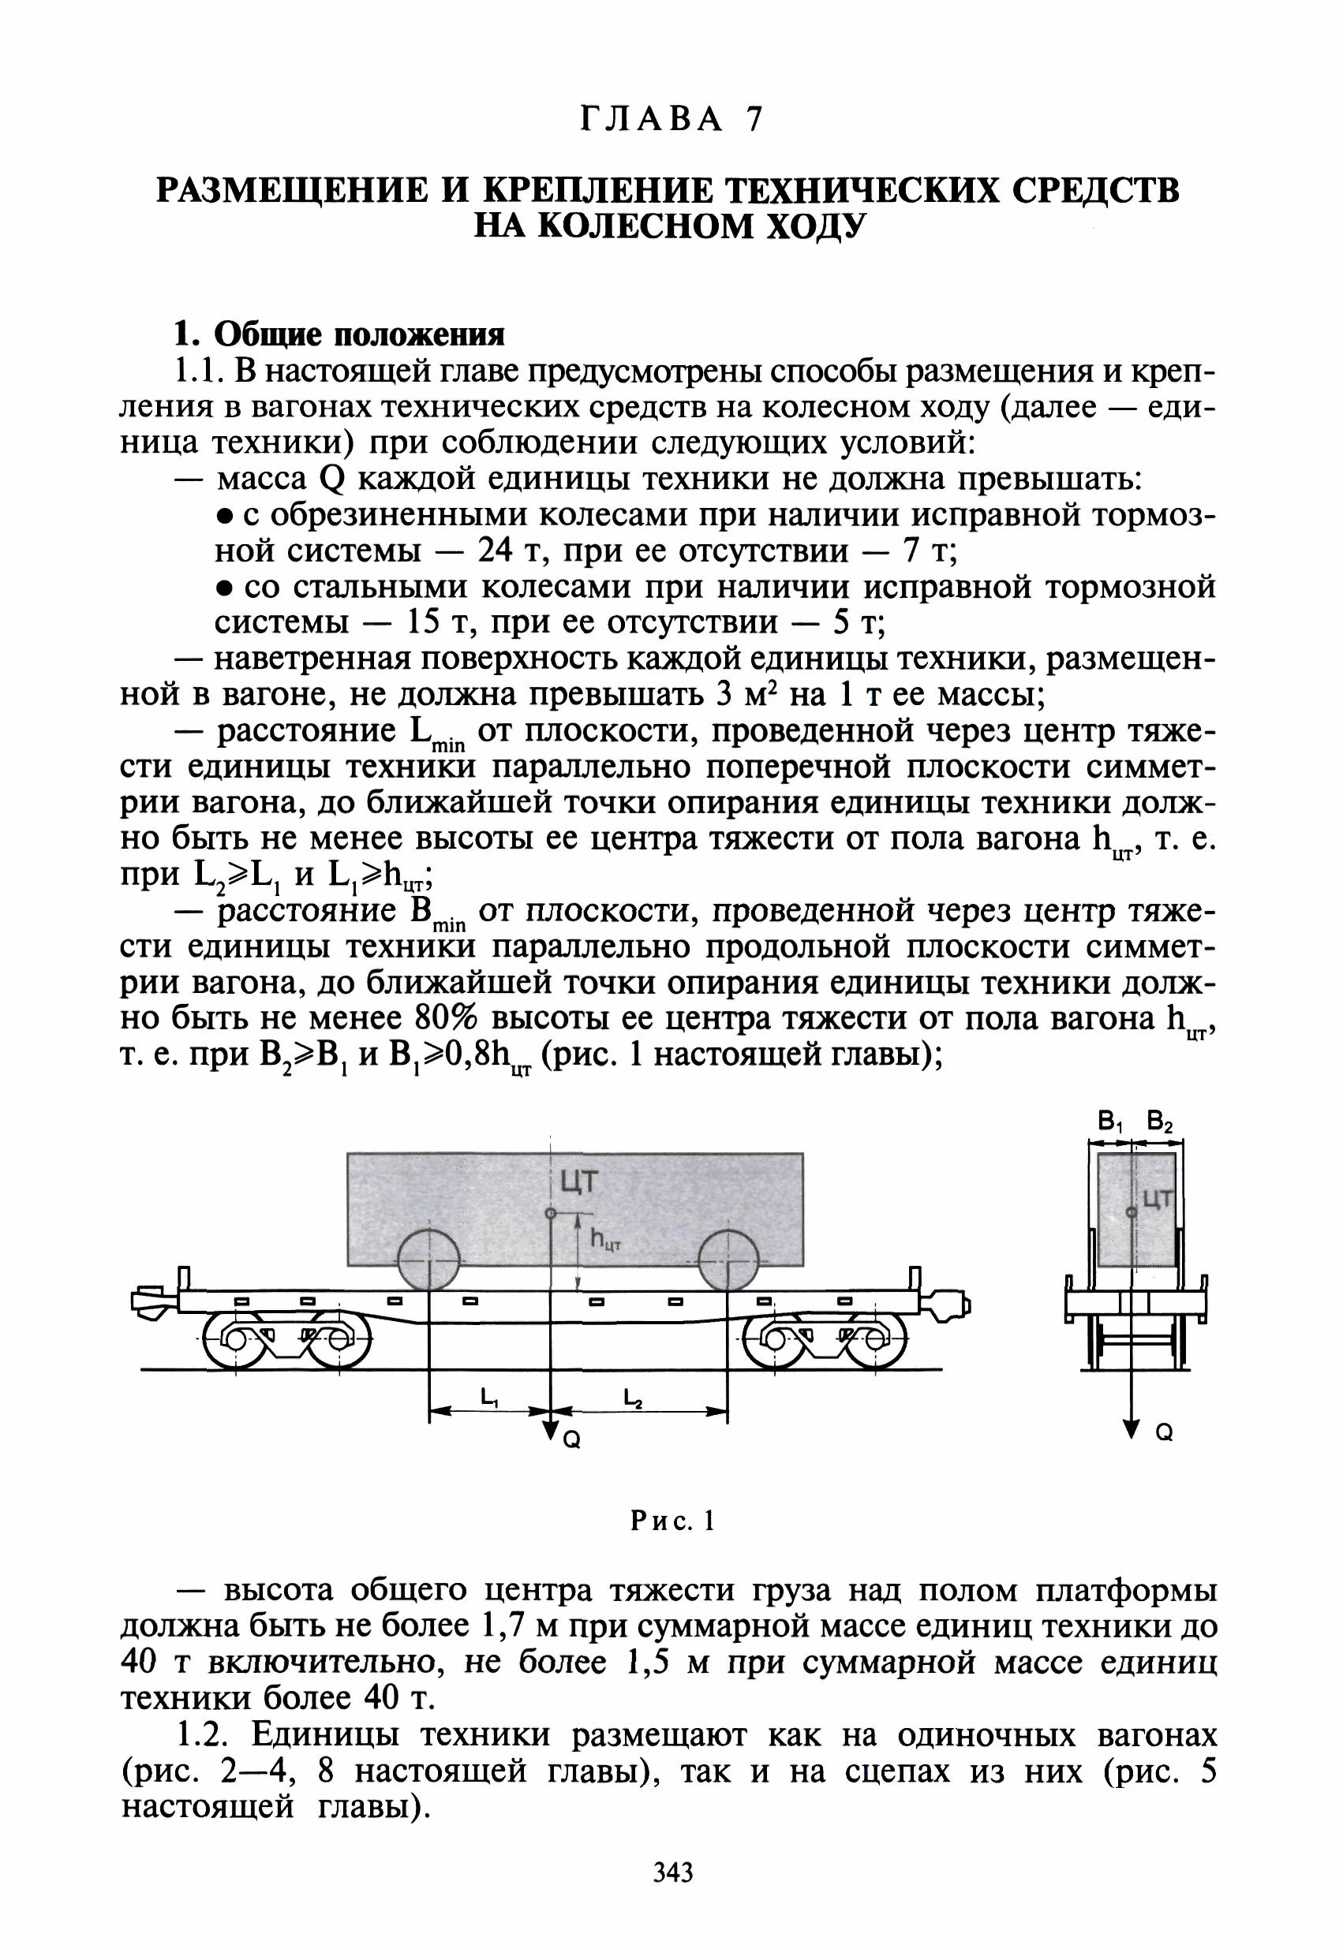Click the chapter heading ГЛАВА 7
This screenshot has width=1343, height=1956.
click(671, 121)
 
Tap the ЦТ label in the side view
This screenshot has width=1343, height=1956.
click(580, 1181)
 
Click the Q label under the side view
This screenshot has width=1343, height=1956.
click(570, 1441)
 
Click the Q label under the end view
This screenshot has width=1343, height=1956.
click(1165, 1432)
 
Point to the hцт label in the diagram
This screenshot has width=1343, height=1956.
click(604, 1237)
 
